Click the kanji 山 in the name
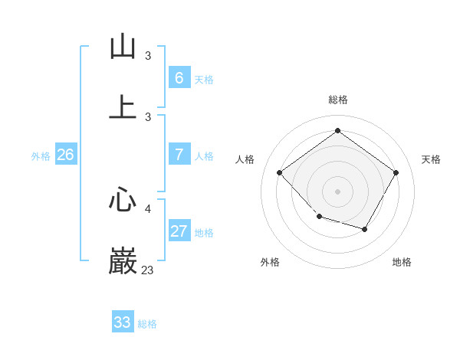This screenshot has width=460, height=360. (123, 47)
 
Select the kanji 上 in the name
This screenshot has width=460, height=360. (123, 108)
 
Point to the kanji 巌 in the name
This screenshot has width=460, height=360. (123, 261)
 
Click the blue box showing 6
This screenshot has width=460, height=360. (179, 77)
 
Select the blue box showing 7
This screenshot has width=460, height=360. (179, 155)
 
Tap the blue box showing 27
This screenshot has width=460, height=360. (179, 231)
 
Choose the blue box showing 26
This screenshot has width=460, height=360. (65, 155)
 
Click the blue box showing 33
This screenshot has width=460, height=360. (123, 322)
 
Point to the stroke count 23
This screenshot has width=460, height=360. (147, 270)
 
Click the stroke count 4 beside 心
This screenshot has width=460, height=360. (148, 208)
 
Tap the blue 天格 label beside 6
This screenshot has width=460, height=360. (204, 80)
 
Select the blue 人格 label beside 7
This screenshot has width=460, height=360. (204, 156)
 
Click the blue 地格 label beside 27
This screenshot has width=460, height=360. (204, 233)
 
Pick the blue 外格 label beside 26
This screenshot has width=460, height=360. (41, 156)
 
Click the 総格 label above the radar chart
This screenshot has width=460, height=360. (337, 100)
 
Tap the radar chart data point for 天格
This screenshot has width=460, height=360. (396, 172)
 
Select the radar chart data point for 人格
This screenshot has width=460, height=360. (280, 172)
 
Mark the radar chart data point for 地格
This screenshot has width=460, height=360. (365, 229)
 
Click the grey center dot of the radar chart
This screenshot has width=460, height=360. (337, 191)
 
